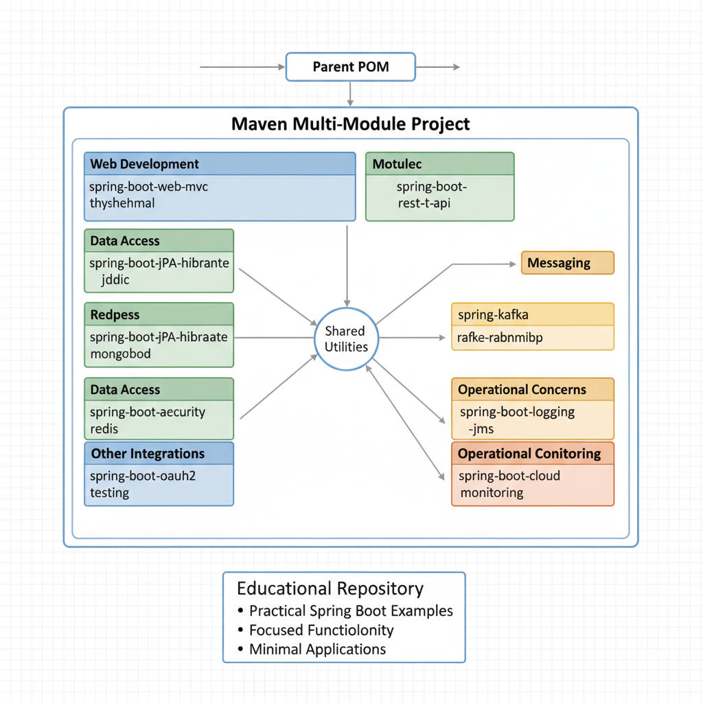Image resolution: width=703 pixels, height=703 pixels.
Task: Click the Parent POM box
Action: tap(350, 67)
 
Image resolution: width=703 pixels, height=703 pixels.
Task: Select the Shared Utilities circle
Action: tap(346, 338)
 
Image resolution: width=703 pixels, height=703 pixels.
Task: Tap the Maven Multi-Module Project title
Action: tap(350, 124)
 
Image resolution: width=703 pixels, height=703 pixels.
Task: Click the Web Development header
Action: tap(145, 164)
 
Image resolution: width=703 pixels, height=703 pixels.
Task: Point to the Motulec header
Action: tap(397, 164)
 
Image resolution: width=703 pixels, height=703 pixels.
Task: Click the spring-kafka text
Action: tap(493, 315)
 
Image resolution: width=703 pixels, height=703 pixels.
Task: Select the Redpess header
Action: tap(115, 315)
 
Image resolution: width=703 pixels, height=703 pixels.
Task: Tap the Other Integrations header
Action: tap(148, 454)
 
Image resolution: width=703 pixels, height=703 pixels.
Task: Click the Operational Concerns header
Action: tap(522, 389)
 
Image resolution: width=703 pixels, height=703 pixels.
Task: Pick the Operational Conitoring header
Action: tap(529, 454)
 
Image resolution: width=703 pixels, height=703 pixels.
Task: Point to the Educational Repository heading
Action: tap(330, 588)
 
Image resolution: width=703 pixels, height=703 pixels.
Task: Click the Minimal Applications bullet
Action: tap(317, 649)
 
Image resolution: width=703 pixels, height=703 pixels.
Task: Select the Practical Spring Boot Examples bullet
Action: tap(351, 610)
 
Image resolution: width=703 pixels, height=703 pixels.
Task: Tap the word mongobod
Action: tap(120, 354)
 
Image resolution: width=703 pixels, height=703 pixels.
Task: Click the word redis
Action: tap(104, 429)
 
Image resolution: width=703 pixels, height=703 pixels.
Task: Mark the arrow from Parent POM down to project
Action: tap(350, 93)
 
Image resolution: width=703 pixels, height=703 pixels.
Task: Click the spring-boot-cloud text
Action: tap(509, 476)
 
